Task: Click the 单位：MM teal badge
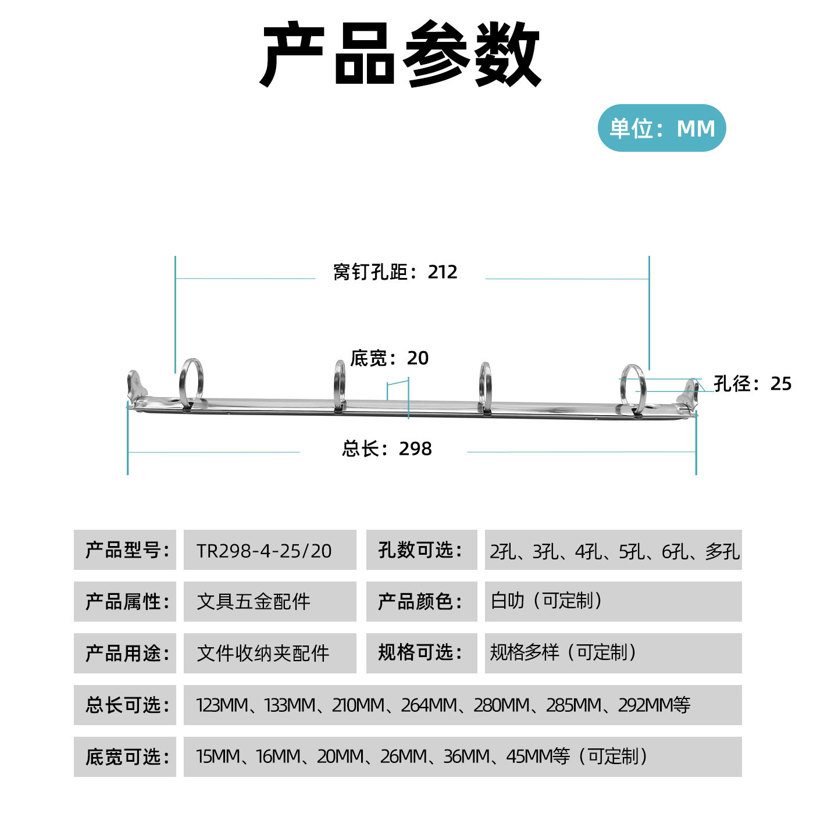[662, 128]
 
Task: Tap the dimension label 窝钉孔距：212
[395, 272]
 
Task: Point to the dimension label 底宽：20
[389, 358]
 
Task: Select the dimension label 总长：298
[387, 448]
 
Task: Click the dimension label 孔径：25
[752, 383]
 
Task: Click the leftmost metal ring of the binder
[191, 384]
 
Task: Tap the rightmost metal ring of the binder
[633, 387]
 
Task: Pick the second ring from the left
[340, 386]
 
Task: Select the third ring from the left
[485, 387]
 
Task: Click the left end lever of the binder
[136, 387]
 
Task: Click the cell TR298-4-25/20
[270, 550]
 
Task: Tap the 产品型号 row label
[125, 550]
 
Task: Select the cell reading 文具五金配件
[270, 601]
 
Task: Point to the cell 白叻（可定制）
[613, 601]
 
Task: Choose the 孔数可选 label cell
[421, 550]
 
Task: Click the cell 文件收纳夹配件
[270, 653]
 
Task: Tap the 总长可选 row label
[125, 705]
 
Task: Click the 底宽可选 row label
[125, 757]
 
